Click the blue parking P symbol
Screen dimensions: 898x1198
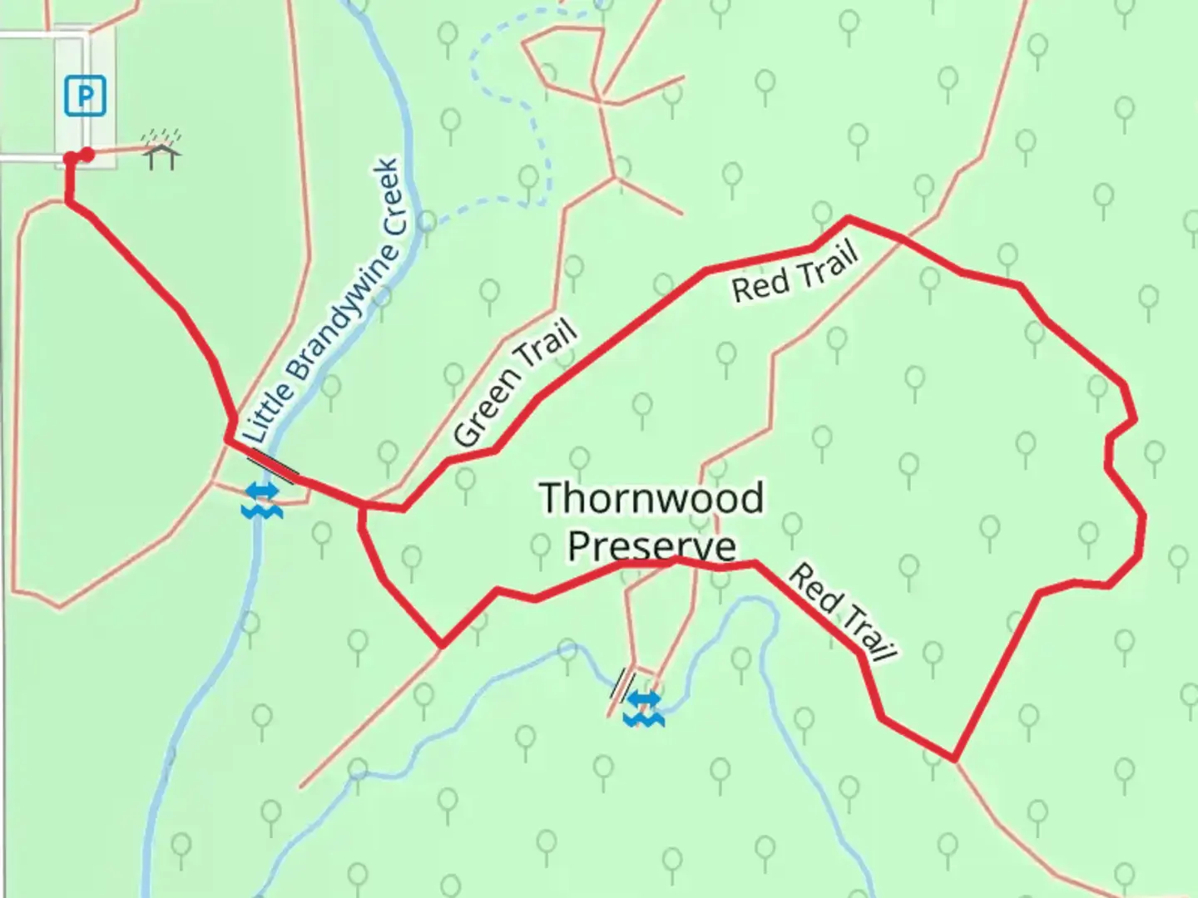85,96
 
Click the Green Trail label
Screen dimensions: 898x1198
516,384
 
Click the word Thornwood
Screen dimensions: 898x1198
651,498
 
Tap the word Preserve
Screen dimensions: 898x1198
652,546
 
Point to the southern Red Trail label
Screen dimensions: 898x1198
842,613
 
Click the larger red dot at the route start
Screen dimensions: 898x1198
87,154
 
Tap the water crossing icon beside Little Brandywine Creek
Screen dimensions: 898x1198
262,500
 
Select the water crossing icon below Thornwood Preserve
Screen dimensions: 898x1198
644,708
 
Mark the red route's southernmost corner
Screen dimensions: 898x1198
953,759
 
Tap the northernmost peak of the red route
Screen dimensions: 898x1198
848,218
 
